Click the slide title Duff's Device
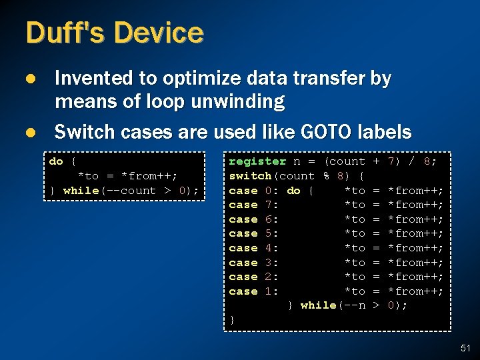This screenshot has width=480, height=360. tap(114, 33)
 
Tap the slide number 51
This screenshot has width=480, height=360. tap(465, 347)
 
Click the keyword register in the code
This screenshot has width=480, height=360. tap(257, 161)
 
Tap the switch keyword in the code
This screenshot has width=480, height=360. tap(250, 176)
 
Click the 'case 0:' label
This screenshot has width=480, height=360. tap(254, 191)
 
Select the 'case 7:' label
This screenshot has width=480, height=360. tap(254, 205)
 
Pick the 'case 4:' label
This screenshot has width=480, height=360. tap(254, 248)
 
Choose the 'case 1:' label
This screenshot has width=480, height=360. tap(254, 291)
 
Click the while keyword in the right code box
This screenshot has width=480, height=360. tap(318, 305)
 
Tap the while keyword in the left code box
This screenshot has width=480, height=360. tap(81, 191)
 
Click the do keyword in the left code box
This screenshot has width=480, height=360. tap(56, 161)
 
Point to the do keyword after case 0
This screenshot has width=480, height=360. tap(293, 191)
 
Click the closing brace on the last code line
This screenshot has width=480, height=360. tap(232, 320)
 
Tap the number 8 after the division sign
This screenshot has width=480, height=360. tap(433, 161)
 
